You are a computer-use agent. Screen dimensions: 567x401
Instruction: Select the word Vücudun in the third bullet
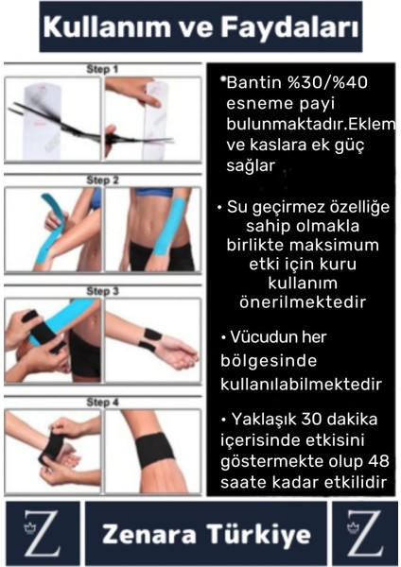pos(270,337)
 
